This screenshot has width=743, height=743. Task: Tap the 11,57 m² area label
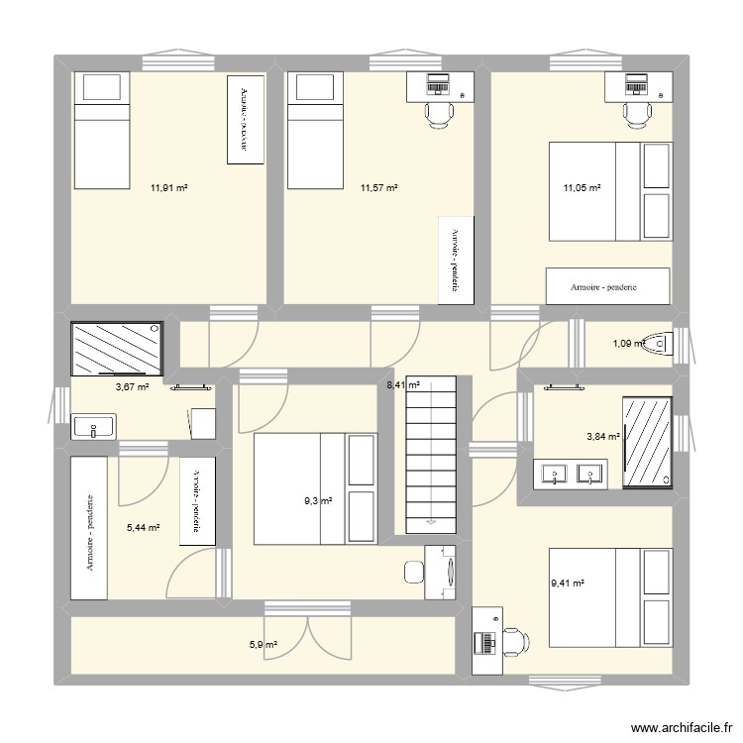[x=379, y=187]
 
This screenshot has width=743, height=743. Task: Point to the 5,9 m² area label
[x=263, y=645]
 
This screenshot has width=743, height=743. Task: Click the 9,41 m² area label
[x=569, y=584]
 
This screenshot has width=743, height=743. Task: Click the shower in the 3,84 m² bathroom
[x=648, y=442]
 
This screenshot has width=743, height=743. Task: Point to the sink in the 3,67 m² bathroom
[x=93, y=428]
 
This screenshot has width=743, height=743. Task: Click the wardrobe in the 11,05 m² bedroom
[x=603, y=286]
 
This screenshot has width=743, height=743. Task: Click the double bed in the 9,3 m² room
[x=315, y=488]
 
